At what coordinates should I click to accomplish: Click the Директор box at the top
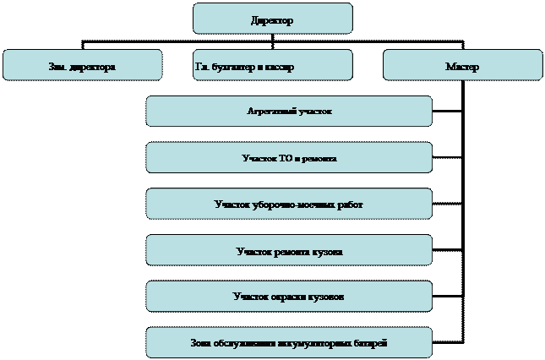[x=272, y=19]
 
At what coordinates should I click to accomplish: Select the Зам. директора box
[x=82, y=65]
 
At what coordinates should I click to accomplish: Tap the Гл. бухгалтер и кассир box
[x=272, y=65]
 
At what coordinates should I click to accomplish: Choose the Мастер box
[x=462, y=65]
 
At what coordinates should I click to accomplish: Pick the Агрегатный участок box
[x=289, y=112]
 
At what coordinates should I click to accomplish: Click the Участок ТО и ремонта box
[x=289, y=157]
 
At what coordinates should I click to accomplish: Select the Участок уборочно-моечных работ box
[x=289, y=204]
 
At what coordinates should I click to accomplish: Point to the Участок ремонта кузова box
[x=289, y=250]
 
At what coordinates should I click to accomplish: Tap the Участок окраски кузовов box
[x=289, y=297]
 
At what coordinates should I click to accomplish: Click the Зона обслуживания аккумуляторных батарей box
[x=289, y=342]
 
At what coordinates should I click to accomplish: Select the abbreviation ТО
[x=285, y=158]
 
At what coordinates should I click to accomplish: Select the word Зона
[x=203, y=343]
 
